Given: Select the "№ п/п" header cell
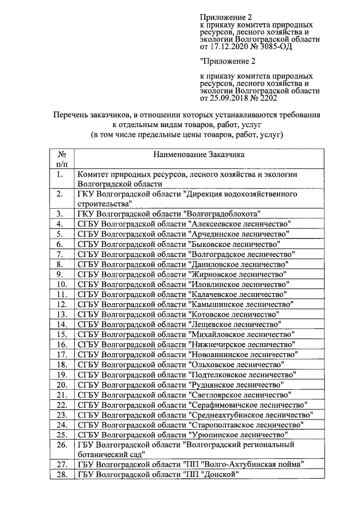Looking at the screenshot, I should point(62,159).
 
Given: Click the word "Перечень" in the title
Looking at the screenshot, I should point(70,115).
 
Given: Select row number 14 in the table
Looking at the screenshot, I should point(62,325).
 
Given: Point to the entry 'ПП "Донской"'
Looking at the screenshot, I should point(209,475).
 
